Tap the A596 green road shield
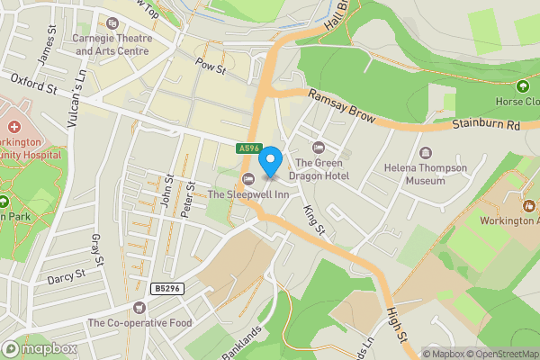pos(249,148)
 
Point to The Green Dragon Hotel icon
pos(316,147)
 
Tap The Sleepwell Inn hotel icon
pos(248,177)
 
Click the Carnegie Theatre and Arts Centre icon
pos(113,24)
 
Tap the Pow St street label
pos(210,67)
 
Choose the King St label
pos(313,218)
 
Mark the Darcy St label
pos(65,273)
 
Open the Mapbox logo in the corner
pos(40,348)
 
